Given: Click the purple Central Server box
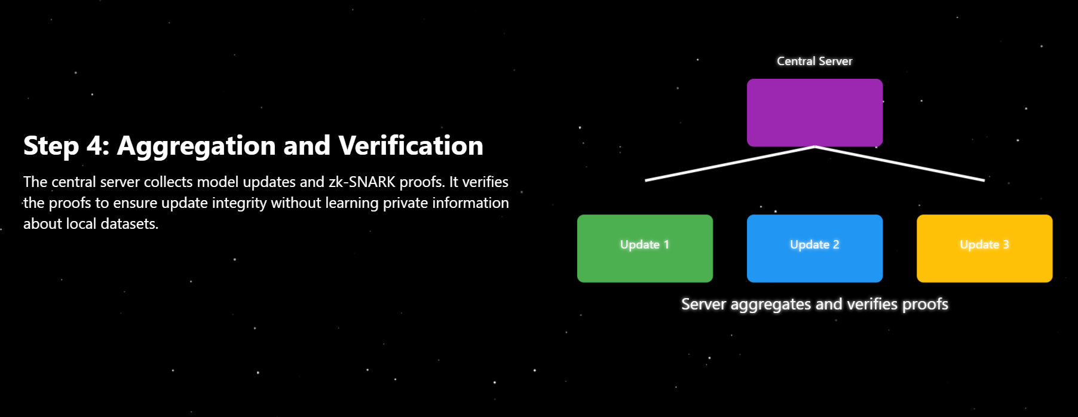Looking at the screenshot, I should [x=814, y=112].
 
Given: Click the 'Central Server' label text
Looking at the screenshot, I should [x=814, y=61].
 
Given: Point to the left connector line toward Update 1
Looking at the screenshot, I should [x=729, y=163].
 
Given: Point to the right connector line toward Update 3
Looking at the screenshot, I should [x=900, y=163].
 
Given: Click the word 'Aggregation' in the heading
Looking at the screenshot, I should [x=196, y=146].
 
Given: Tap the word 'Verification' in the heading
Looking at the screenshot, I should [x=411, y=146].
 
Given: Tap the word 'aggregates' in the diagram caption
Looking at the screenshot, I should [x=771, y=305].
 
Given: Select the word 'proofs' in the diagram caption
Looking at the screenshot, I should [x=925, y=304].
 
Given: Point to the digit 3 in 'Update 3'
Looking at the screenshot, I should [x=1006, y=244].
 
